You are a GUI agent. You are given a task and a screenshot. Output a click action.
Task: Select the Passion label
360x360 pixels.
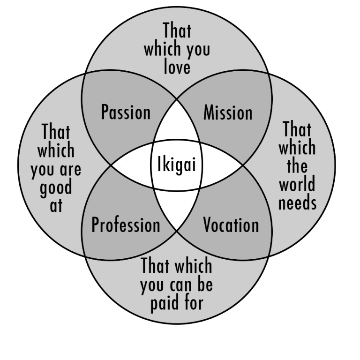[x=126, y=112]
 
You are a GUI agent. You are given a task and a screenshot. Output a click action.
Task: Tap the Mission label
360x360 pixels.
[x=228, y=112]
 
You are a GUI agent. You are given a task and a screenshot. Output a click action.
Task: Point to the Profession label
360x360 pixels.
[x=126, y=225]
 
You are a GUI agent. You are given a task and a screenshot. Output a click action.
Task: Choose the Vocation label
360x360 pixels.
[x=231, y=225]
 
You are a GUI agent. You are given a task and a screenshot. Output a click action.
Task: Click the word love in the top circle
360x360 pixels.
[x=177, y=67]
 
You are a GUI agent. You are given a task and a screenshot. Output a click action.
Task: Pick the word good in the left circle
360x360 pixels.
[x=56, y=187]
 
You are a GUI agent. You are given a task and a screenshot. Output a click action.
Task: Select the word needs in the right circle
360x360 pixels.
[x=297, y=202]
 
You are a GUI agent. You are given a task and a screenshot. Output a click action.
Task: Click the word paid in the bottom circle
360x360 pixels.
[x=163, y=303]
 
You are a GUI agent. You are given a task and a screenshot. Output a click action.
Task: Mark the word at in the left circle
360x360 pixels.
[x=56, y=205]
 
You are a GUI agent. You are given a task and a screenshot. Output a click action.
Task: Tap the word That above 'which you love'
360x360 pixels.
[x=177, y=31]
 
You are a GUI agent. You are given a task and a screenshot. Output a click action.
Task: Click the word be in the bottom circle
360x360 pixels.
[x=204, y=285]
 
